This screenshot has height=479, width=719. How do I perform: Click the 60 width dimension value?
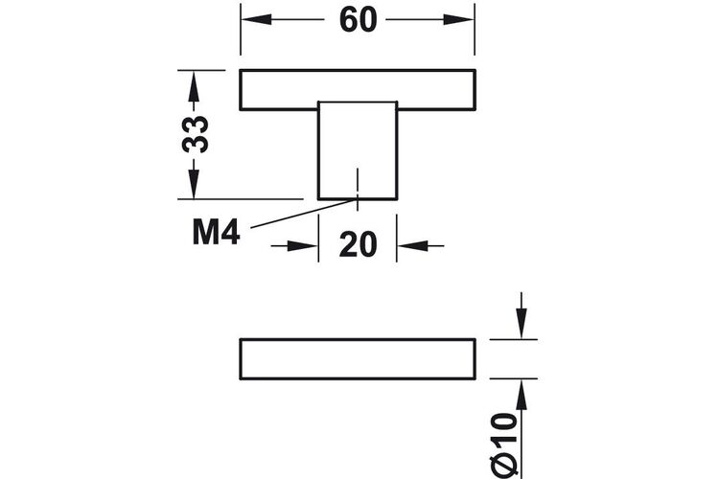(359, 20)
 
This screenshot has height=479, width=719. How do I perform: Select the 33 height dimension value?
(196, 134)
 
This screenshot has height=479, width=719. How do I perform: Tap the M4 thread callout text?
(216, 233)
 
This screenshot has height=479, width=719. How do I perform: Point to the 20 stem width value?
(359, 245)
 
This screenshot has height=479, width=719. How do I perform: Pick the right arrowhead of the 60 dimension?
(458, 19)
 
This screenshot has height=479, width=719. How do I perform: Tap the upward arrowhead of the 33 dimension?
(194, 85)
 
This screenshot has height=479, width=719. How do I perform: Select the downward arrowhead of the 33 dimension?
(194, 184)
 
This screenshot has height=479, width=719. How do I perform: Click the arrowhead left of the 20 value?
(303, 246)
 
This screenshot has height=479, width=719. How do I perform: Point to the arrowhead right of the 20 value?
(412, 246)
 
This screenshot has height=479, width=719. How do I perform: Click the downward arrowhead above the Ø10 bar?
(522, 324)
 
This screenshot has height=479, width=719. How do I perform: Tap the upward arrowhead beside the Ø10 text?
(522, 395)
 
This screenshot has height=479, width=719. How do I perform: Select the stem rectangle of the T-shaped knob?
(358, 150)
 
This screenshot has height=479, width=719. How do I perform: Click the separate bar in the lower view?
(358, 359)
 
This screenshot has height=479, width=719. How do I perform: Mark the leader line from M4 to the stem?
(304, 213)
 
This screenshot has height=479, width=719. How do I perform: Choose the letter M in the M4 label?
(205, 233)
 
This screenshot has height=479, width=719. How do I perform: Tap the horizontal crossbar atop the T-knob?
(358, 90)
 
